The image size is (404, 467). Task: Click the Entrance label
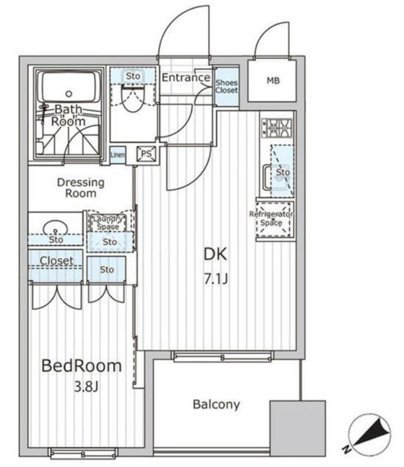pos(186,78)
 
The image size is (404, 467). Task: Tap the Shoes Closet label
pos(227,86)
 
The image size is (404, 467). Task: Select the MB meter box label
pos(273,81)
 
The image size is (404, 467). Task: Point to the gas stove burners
pos(277,128)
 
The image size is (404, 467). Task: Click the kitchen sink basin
pos(276,178)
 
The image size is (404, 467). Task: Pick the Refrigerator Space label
pos(271,218)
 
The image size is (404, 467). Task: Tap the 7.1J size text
pos(216,279)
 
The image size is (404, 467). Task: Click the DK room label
pos(215,254)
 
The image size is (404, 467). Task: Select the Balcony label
pos(216,405)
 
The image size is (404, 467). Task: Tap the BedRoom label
pos(82,366)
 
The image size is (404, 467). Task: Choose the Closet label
pos(57,260)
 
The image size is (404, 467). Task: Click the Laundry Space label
pos(108,223)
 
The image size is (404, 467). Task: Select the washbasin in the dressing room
pos(55,228)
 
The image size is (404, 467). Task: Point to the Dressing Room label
pos(80,187)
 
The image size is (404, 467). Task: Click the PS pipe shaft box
pos(146,154)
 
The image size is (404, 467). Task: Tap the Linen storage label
pos(118,155)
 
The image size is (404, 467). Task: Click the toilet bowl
pos(133,98)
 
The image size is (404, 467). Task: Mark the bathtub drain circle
pos(69,94)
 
